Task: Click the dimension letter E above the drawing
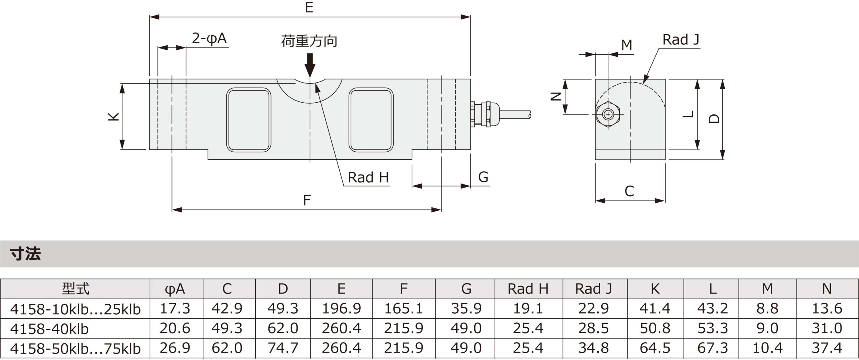(309, 7)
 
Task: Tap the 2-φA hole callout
(209, 39)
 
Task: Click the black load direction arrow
(310, 65)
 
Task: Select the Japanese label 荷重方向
(309, 41)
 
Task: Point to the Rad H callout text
(368, 177)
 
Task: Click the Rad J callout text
(681, 40)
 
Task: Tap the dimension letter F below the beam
(307, 200)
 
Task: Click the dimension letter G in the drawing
(483, 177)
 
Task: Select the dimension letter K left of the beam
(114, 116)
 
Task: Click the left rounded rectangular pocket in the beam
(249, 120)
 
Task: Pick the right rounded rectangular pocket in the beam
(371, 120)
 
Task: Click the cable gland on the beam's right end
(483, 114)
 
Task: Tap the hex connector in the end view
(608, 115)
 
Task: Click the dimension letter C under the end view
(629, 191)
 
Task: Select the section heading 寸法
(26, 254)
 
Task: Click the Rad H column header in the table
(528, 289)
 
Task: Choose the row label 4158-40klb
(49, 329)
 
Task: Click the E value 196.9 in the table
(341, 309)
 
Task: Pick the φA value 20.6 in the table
(175, 328)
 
